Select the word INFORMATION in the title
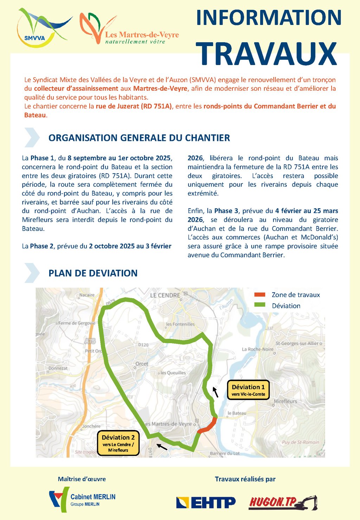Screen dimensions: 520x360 (x=269, y=18)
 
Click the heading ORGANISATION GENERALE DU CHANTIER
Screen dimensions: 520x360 (x=139, y=138)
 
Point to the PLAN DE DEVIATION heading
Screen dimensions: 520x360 (x=93, y=273)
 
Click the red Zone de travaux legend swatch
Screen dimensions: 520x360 (x=260, y=295)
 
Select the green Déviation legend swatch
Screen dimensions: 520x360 (x=260, y=306)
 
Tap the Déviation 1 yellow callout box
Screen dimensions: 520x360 (x=248, y=390)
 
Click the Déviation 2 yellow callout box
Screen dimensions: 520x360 (x=118, y=443)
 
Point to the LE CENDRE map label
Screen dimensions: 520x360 (x=165, y=295)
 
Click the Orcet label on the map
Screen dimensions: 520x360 (x=142, y=364)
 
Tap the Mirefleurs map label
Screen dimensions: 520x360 (x=285, y=401)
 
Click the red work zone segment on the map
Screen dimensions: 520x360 (x=207, y=425)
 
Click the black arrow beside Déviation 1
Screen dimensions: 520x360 (x=216, y=392)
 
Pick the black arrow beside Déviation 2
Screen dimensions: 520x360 (x=162, y=447)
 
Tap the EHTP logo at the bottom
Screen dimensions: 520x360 (x=206, y=502)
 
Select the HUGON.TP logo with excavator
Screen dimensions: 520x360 (x=283, y=502)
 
